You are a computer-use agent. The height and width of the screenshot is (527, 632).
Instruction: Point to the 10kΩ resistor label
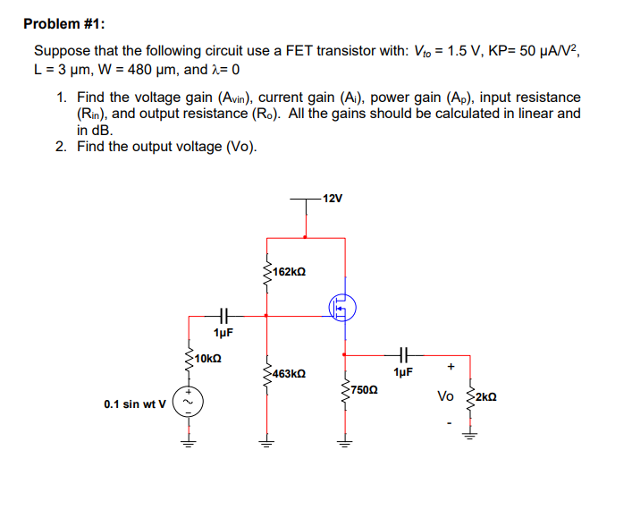[x=207, y=359]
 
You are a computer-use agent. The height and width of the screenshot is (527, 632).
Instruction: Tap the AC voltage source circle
[x=189, y=402]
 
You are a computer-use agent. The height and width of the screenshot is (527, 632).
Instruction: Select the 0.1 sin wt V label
[x=134, y=404]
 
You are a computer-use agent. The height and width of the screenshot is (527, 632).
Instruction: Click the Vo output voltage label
[x=445, y=395]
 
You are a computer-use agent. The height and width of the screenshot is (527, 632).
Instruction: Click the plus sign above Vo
[x=451, y=366]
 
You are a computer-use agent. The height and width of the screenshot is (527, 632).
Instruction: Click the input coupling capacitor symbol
[x=223, y=314]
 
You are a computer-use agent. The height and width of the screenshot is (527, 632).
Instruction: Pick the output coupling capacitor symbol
[x=402, y=352]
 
